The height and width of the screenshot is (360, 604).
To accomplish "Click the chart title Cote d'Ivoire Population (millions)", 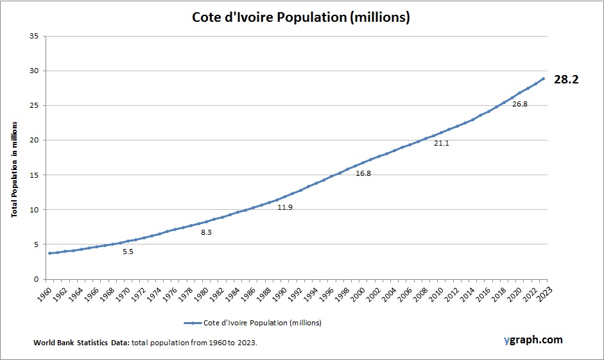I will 301,17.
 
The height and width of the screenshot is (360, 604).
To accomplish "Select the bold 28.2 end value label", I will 566,80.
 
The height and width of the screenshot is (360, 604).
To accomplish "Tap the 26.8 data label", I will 519,104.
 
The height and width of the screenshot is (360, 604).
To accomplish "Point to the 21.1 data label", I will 442,143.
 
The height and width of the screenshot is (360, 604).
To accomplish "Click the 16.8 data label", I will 363,173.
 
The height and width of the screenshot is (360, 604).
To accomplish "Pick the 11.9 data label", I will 285,207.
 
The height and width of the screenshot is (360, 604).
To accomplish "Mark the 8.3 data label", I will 206,232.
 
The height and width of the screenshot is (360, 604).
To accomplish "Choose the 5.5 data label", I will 128,252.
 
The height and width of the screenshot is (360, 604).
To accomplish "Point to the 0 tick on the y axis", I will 35,279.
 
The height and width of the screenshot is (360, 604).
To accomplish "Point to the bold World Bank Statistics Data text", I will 82,343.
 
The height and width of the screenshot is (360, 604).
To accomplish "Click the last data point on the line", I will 543,79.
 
